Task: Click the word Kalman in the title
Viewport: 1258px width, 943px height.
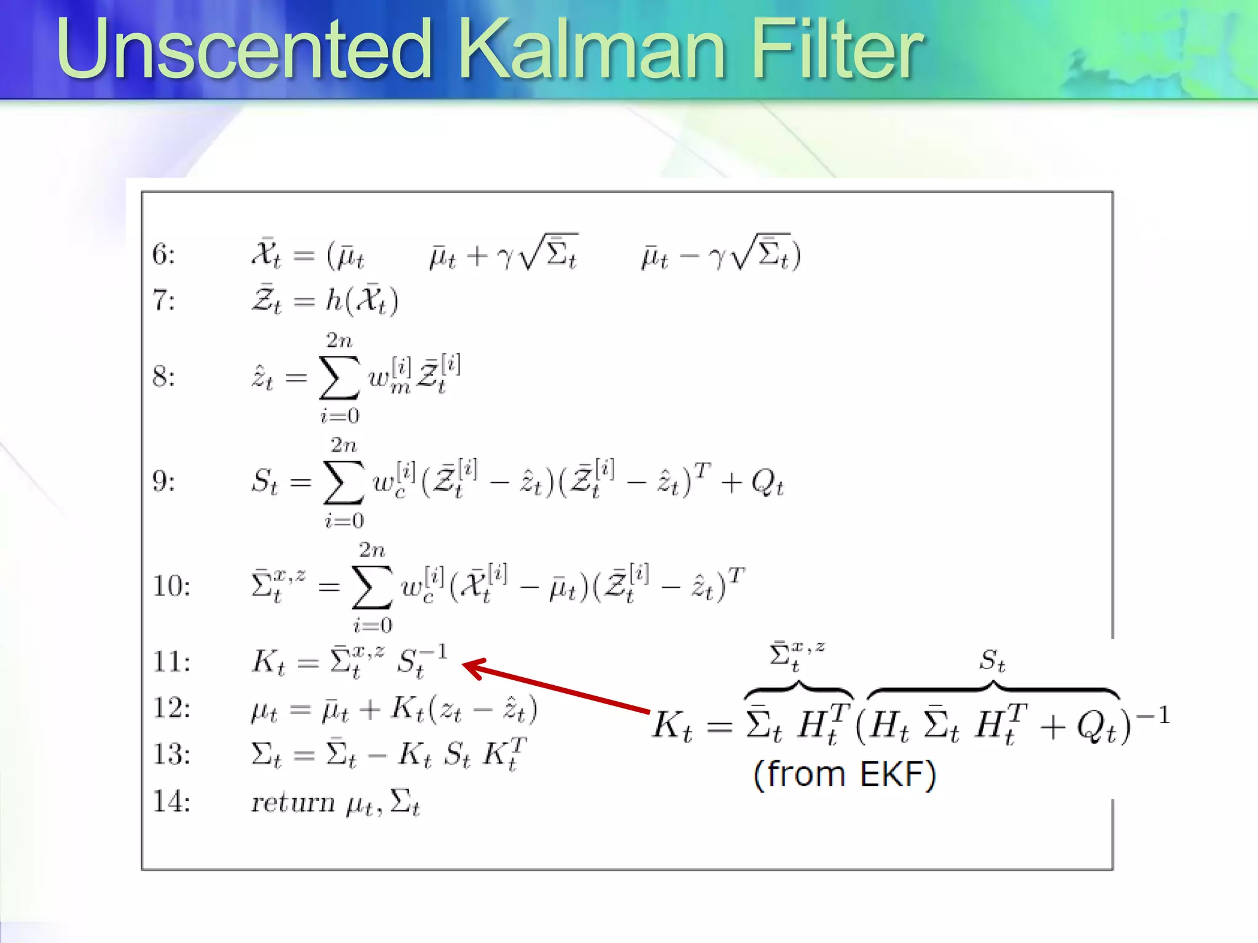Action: coord(593,49)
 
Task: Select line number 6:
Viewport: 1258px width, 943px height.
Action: coord(163,254)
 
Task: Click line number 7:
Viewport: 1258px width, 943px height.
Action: coord(163,301)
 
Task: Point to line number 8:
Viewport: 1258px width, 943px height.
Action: coord(163,376)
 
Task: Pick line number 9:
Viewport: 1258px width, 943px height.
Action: coord(163,481)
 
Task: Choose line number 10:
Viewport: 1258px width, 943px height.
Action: coord(171,586)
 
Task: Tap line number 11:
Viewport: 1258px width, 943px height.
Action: coord(171,662)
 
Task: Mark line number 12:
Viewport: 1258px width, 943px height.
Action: coord(171,708)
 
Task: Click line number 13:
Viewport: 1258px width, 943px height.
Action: coord(171,754)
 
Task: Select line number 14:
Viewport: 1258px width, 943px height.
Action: coord(171,801)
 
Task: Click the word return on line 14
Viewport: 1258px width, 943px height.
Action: coord(293,802)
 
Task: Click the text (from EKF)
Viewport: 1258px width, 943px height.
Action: coord(845,774)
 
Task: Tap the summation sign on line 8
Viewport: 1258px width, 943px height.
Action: coord(339,378)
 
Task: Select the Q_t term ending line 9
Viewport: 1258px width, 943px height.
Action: coord(767,483)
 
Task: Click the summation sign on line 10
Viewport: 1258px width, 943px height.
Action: coord(372,588)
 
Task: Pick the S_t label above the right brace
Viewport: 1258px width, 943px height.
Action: coord(992,661)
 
